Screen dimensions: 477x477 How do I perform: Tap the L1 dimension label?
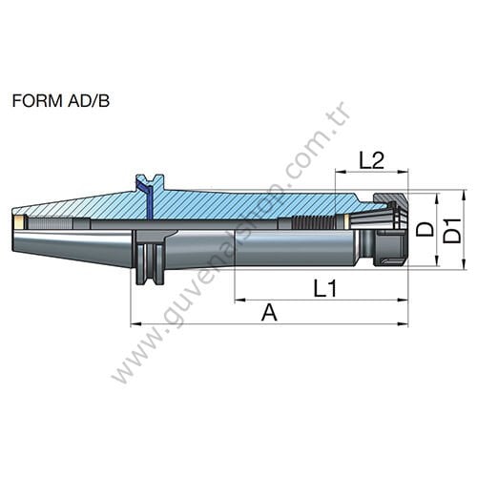[325, 286]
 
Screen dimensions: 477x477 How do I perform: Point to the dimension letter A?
[269, 312]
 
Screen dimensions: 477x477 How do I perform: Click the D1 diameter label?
[453, 230]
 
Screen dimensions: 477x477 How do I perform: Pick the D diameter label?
[425, 229]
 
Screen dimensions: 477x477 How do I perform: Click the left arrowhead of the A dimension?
[135, 324]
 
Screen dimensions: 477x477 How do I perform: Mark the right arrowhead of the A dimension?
[403, 324]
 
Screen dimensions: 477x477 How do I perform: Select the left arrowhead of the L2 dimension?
[339, 173]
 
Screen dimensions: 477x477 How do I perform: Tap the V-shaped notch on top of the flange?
[147, 178]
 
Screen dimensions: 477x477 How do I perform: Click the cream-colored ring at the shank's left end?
[18, 221]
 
